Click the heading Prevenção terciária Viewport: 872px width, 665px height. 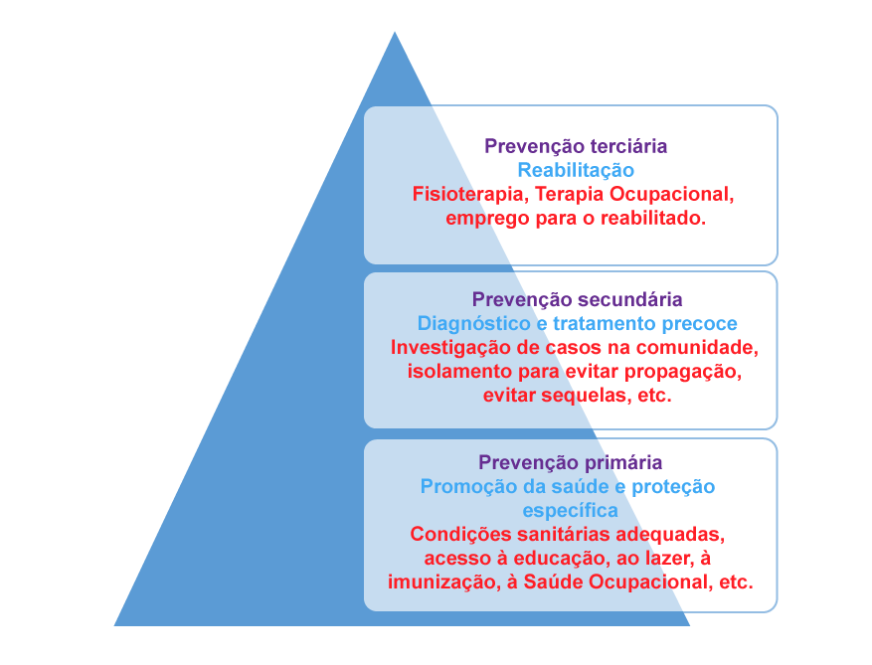(576, 146)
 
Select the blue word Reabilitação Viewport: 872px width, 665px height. (576, 170)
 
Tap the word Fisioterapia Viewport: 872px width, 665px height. (470, 194)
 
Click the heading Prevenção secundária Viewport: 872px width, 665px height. (578, 299)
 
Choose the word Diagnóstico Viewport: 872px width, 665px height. (474, 324)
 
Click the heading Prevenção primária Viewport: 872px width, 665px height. (571, 462)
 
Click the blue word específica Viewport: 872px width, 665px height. (570, 510)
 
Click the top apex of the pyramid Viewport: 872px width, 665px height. (395, 32)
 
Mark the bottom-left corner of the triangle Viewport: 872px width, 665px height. (114, 626)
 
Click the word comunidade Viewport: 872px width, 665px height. (697, 348)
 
